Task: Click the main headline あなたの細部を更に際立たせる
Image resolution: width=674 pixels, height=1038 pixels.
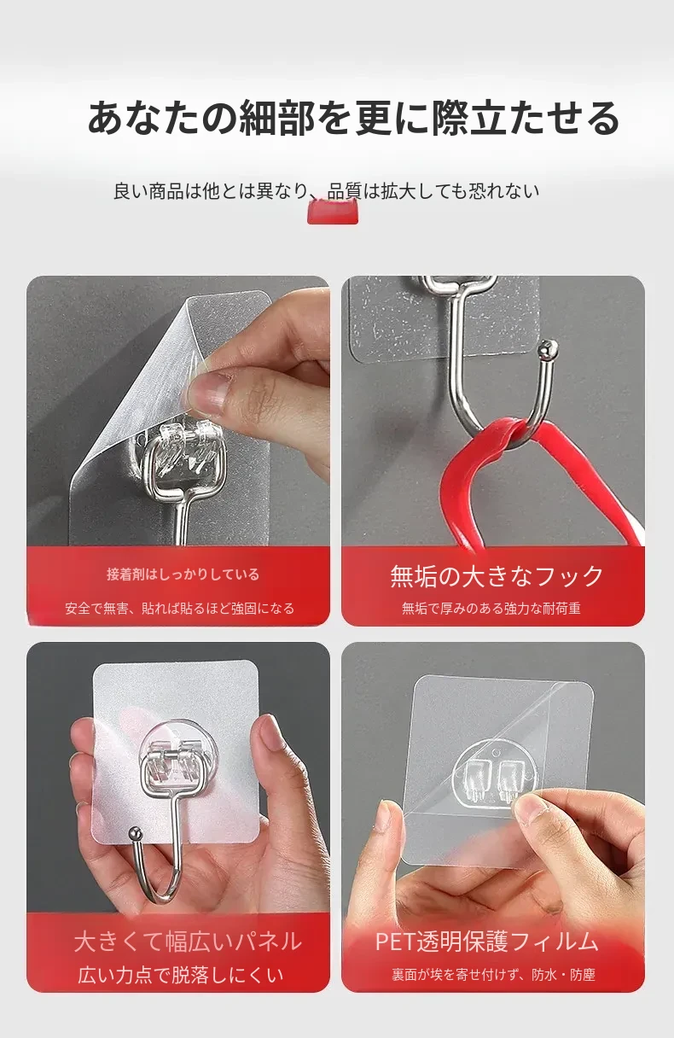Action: (x=353, y=119)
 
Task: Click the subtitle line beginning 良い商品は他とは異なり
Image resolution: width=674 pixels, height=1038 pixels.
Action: (x=327, y=191)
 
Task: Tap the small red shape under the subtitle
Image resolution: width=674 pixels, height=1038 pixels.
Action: (x=333, y=213)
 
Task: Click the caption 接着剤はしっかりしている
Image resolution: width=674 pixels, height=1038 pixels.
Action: (x=183, y=574)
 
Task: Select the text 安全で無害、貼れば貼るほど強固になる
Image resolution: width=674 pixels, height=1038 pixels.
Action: (x=180, y=608)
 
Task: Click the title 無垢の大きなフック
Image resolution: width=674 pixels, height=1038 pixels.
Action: (x=497, y=576)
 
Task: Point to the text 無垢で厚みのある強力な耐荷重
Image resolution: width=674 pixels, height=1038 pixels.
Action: (x=491, y=608)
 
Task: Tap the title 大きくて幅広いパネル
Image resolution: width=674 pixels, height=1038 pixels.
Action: (x=188, y=942)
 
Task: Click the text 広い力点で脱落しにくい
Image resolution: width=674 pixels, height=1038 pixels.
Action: (x=181, y=975)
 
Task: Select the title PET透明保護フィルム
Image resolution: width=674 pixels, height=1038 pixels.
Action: (x=486, y=942)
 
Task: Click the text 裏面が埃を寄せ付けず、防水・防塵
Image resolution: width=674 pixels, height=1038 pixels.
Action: (x=493, y=975)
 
